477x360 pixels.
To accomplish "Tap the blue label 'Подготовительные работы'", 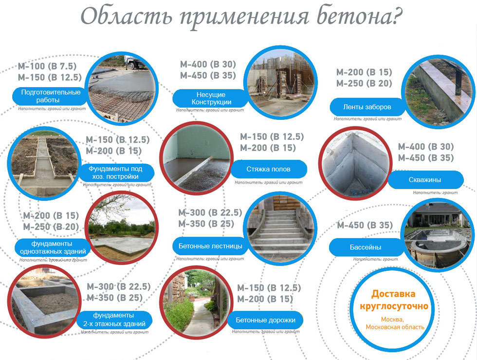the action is click(51, 96).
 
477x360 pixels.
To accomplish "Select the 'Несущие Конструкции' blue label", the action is click(211, 98).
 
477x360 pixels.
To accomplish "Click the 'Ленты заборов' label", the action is click(367, 107).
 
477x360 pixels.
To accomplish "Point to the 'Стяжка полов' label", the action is click(268, 169).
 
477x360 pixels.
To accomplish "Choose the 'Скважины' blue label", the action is click(425, 180).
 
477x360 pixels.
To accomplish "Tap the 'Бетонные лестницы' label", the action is click(210, 246).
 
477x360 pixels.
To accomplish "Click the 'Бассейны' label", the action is click(366, 247).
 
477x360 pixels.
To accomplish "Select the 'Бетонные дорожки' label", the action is click(265, 320).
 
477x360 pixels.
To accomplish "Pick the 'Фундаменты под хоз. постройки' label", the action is click(116, 172).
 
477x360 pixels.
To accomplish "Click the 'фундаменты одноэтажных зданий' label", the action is click(53, 247).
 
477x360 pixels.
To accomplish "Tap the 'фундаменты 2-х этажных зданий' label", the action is click(114, 320).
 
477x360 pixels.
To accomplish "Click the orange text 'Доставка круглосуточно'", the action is click(394, 300).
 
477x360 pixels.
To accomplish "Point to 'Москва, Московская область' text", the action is click(395, 323).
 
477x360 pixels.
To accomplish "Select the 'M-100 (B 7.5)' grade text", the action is click(47, 66).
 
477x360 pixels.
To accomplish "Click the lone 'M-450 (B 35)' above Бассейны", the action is click(365, 225).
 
